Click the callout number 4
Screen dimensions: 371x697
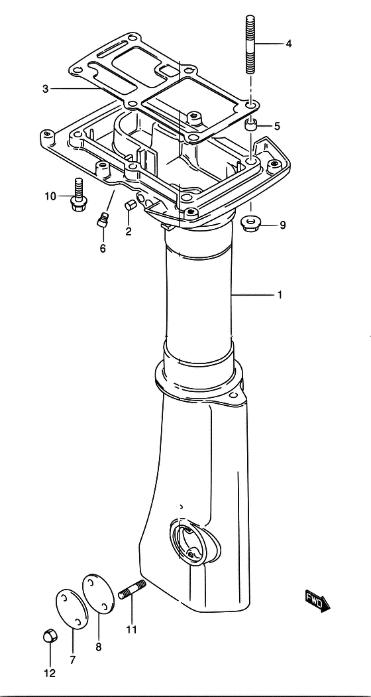click(288, 44)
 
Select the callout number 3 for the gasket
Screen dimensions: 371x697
click(45, 89)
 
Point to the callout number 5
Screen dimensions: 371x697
click(277, 126)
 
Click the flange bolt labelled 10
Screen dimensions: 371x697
click(79, 194)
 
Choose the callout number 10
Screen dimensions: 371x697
click(50, 196)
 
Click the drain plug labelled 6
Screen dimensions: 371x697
click(103, 220)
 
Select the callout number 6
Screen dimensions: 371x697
click(103, 248)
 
